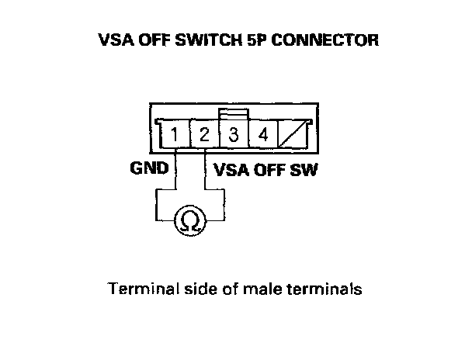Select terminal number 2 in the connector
(x=204, y=136)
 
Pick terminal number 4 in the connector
(x=263, y=136)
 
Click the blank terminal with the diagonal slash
(x=293, y=136)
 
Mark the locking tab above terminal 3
(x=233, y=114)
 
